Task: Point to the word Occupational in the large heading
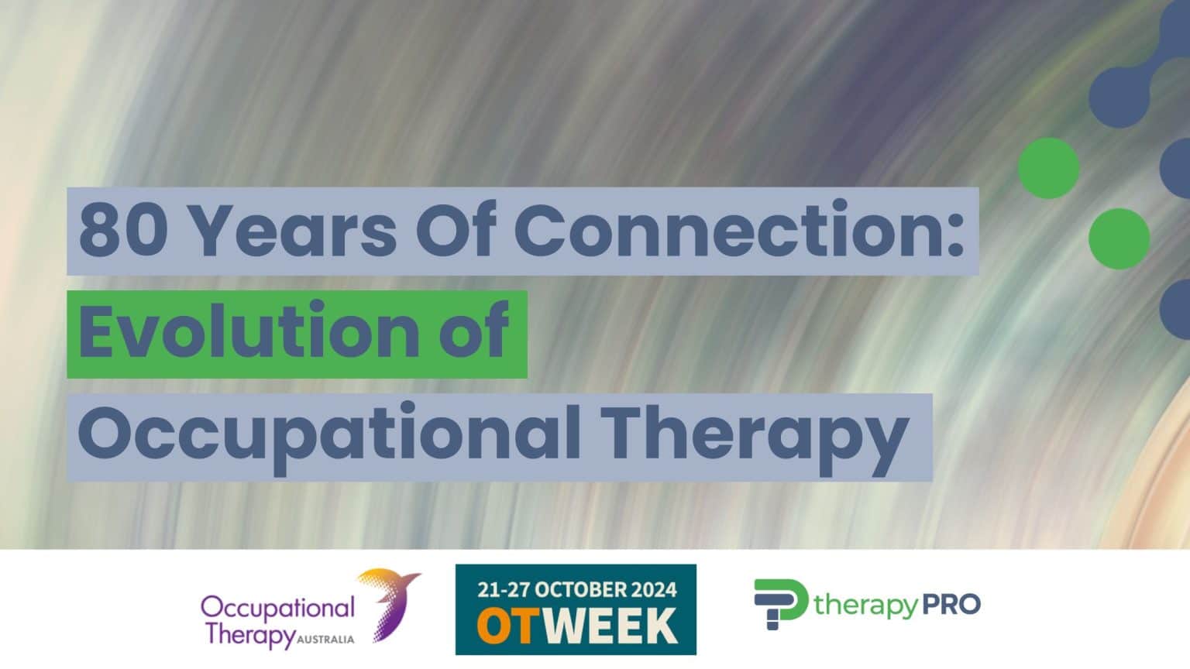pyautogui.click(x=329, y=435)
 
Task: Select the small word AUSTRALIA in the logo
pyautogui.click(x=325, y=640)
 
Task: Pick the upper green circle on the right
pyautogui.click(x=1048, y=168)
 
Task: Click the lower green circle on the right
pyautogui.click(x=1119, y=238)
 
